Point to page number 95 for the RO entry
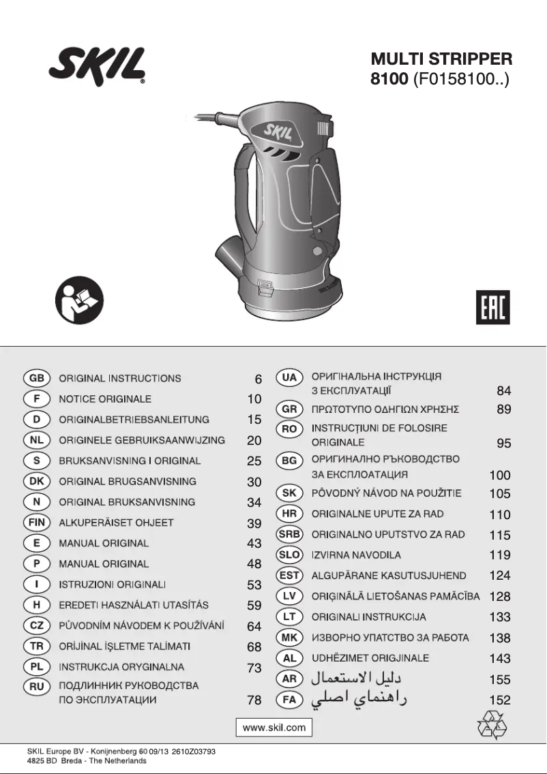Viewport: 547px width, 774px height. click(x=503, y=444)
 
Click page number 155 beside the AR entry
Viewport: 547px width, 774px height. click(x=500, y=679)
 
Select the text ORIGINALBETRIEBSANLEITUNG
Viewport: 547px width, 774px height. click(x=134, y=420)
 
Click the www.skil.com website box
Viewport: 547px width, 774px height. click(x=274, y=728)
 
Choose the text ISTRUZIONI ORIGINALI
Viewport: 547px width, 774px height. click(x=113, y=585)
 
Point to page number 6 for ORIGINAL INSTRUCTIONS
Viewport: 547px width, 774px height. click(x=258, y=379)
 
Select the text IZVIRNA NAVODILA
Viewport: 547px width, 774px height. click(x=356, y=555)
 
